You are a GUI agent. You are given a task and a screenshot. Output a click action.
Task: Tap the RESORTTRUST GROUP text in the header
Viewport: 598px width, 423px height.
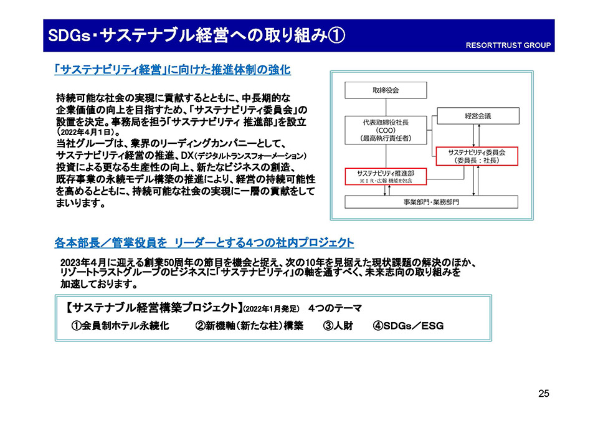tap(508, 45)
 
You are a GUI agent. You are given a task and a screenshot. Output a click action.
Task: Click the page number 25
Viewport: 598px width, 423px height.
tap(543, 393)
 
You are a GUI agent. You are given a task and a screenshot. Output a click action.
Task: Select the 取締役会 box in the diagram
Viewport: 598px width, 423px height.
tap(386, 91)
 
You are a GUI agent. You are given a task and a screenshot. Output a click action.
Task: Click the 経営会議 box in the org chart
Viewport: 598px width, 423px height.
tap(477, 116)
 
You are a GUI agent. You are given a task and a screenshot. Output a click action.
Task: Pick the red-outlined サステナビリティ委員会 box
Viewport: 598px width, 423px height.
tap(477, 156)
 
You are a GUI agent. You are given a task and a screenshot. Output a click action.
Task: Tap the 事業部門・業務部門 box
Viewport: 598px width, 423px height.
tap(432, 202)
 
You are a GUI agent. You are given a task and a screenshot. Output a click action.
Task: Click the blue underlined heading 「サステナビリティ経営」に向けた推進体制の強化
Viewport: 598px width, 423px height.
tap(173, 70)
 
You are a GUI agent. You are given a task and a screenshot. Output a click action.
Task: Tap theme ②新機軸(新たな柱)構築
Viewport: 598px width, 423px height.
tap(249, 325)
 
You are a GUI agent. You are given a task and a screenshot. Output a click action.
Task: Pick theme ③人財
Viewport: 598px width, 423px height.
tap(338, 325)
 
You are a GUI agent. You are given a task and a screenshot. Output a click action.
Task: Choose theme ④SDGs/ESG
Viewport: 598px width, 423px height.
tap(409, 325)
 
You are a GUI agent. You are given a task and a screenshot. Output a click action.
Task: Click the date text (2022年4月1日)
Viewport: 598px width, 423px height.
tap(86, 133)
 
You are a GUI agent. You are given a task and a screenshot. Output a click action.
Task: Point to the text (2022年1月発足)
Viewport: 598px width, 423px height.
tap(271, 309)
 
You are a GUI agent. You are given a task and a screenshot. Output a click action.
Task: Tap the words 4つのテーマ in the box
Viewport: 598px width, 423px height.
tap(335, 308)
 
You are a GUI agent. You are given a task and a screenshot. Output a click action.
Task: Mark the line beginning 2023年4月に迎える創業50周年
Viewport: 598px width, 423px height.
tap(269, 262)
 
